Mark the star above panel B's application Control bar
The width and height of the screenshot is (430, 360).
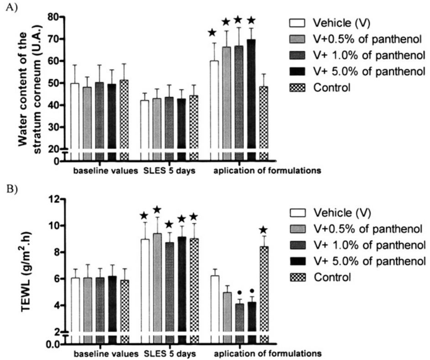[x=264, y=230]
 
